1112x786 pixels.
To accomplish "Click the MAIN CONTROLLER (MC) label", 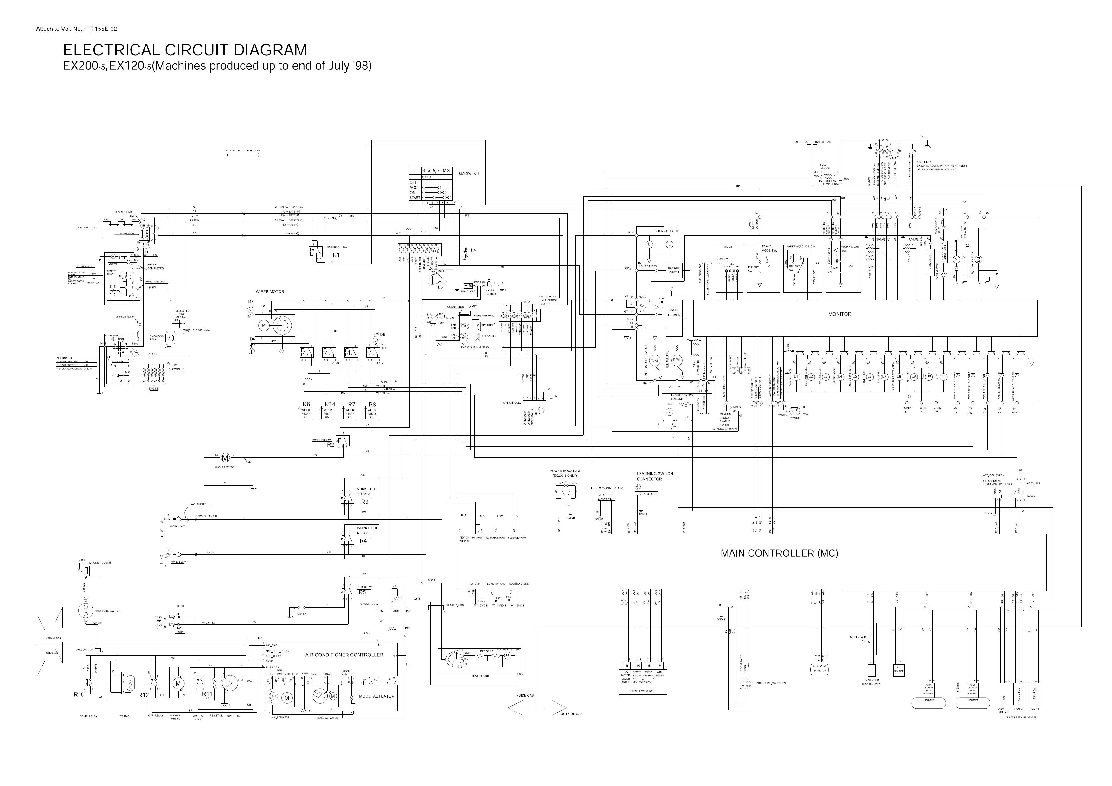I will [779, 553].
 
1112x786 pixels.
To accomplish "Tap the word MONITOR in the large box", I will [839, 314].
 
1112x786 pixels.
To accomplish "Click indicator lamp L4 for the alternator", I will [840, 376].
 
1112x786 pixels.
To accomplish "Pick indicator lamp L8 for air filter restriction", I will [899, 376].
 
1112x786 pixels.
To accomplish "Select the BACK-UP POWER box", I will [674, 270].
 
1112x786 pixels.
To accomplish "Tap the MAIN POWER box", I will [674, 313].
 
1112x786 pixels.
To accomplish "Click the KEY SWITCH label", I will [468, 173].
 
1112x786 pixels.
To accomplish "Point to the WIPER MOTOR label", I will [270, 291].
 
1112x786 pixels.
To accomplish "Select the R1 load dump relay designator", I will [336, 255].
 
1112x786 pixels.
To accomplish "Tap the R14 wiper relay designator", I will [330, 404].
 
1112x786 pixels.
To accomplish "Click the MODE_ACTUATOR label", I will [376, 696].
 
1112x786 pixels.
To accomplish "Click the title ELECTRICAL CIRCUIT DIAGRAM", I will [185, 50].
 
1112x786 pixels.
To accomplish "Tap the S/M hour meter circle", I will [978, 259].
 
